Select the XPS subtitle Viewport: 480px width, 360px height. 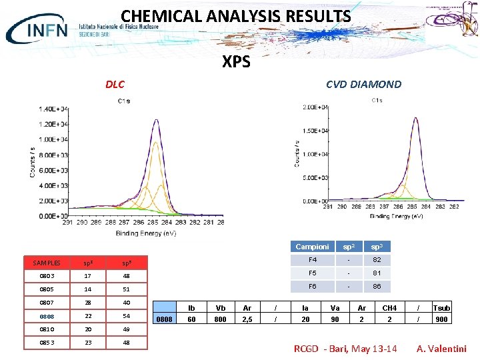click(236, 62)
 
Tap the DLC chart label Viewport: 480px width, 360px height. click(115, 85)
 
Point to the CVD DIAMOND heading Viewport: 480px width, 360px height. click(363, 84)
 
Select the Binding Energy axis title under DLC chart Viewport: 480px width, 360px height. click(146, 233)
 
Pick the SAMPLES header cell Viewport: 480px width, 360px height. click(47, 263)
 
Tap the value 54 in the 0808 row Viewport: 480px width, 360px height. click(126, 316)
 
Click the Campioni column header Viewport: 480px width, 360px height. click(312, 247)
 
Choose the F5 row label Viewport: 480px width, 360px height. click(312, 273)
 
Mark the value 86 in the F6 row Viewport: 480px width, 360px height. click(377, 287)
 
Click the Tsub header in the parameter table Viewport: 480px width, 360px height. click(441, 308)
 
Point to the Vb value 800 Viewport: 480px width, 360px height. click(220, 319)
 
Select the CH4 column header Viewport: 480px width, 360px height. click(389, 308)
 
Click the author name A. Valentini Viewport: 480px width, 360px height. click(441, 349)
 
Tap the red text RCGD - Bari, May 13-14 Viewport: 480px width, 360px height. click(345, 349)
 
